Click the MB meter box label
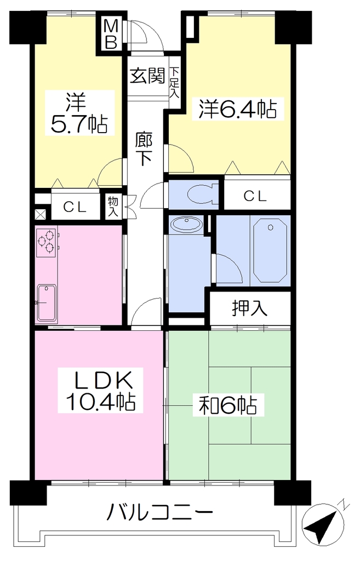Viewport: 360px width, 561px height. click(111, 35)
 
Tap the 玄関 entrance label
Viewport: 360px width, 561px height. click(147, 76)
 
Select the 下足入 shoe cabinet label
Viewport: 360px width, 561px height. click(174, 82)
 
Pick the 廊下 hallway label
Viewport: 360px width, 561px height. click(144, 149)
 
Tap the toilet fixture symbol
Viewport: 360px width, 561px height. click(203, 194)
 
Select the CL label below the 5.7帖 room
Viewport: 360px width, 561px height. click(75, 207)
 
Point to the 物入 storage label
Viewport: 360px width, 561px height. click(113, 207)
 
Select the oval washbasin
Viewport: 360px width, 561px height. click(186, 224)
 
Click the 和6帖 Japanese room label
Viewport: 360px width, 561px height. click(228, 405)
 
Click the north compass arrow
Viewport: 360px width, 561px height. click(321, 524)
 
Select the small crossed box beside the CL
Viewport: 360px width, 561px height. click(39, 214)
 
